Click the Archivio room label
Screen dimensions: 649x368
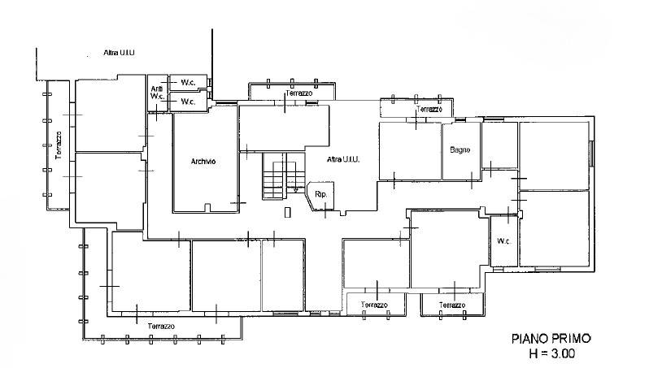tap(203, 162)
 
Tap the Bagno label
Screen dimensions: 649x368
tap(460, 150)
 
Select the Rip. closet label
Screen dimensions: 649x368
tap(320, 194)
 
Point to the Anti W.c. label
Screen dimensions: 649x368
tap(157, 93)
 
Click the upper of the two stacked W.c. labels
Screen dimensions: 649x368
tap(189, 83)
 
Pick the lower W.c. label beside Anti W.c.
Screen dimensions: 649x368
tap(189, 102)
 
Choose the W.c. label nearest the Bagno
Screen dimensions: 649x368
tap(503, 241)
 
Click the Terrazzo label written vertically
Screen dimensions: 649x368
tap(59, 145)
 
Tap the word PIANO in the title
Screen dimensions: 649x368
tap(528, 339)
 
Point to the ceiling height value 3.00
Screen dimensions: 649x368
tap(562, 354)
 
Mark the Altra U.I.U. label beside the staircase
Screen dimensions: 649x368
tap(343, 159)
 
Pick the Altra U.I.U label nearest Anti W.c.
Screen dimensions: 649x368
tap(120, 53)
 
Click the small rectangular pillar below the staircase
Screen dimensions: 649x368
tap(288, 212)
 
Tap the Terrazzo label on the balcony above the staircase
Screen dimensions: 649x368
tap(298, 93)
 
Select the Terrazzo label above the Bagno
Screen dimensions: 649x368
tap(429, 109)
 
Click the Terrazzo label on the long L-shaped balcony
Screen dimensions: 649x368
tap(161, 327)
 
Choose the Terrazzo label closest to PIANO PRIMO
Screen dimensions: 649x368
tap(452, 305)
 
